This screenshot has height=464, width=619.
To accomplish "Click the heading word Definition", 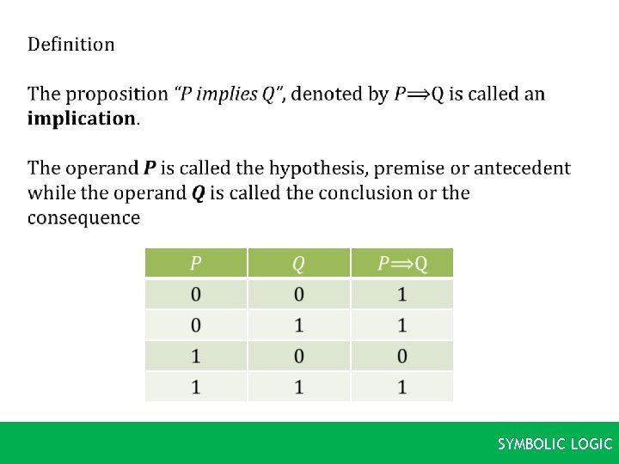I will point(70,44).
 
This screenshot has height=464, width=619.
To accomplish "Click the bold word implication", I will point(82,119).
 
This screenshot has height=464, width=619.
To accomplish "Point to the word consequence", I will point(83,217).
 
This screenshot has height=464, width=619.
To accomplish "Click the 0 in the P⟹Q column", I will point(401,356).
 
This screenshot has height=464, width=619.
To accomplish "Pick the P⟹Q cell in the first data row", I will point(401,295).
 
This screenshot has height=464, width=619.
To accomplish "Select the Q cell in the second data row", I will point(298,326).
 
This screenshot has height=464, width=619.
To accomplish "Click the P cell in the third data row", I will point(196,356).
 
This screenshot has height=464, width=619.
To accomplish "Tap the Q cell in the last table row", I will point(298,387).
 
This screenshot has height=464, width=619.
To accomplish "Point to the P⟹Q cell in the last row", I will point(401,387).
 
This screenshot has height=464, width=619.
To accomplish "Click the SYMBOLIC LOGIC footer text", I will point(555,444).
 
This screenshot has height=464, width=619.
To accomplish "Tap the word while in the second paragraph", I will point(52,192).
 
